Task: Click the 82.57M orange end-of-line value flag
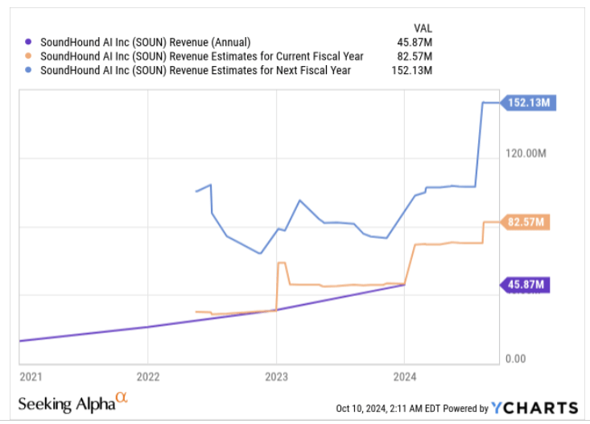pyautogui.click(x=528, y=222)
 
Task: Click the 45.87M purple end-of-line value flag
pyautogui.click(x=528, y=284)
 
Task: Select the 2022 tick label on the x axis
pyautogui.click(x=148, y=376)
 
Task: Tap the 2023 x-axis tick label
pyautogui.click(x=276, y=376)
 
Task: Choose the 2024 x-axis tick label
pyautogui.click(x=404, y=376)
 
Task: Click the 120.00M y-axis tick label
pyautogui.click(x=526, y=153)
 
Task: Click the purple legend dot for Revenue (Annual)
pyautogui.click(x=29, y=43)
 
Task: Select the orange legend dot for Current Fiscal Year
pyautogui.click(x=29, y=56)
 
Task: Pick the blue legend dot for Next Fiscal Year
pyautogui.click(x=29, y=70)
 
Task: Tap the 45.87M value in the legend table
pyautogui.click(x=415, y=43)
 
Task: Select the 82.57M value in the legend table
pyautogui.click(x=415, y=56)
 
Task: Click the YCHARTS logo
pyautogui.click(x=534, y=408)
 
